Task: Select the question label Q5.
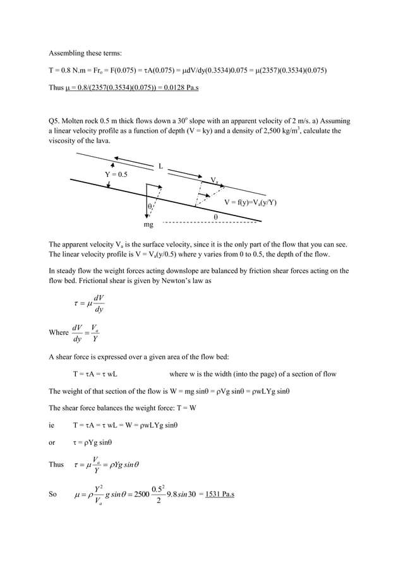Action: click(x=56, y=120)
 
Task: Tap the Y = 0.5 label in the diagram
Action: click(x=116, y=174)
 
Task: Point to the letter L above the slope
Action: click(x=161, y=167)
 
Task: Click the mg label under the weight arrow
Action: click(x=148, y=224)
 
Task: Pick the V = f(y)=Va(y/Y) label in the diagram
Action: click(x=251, y=202)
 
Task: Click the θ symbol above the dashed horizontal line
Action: click(x=215, y=216)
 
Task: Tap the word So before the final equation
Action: click(x=53, y=494)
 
